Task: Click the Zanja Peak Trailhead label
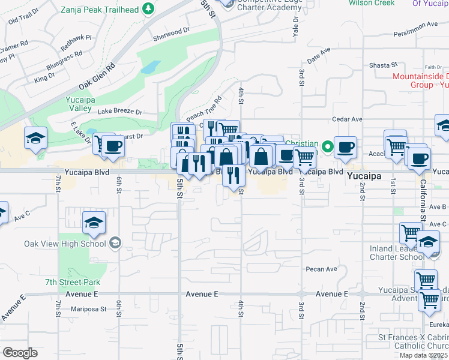pyautogui.click(x=100, y=10)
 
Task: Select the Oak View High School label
pyautogui.click(x=65, y=244)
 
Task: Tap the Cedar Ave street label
pyautogui.click(x=348, y=119)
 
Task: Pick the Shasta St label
pyautogui.click(x=384, y=65)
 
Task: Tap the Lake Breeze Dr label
pyautogui.click(x=121, y=112)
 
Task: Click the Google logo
pyautogui.click(x=20, y=353)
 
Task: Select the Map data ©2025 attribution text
pyautogui.click(x=424, y=355)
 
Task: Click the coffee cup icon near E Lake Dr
pyautogui.click(x=112, y=146)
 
